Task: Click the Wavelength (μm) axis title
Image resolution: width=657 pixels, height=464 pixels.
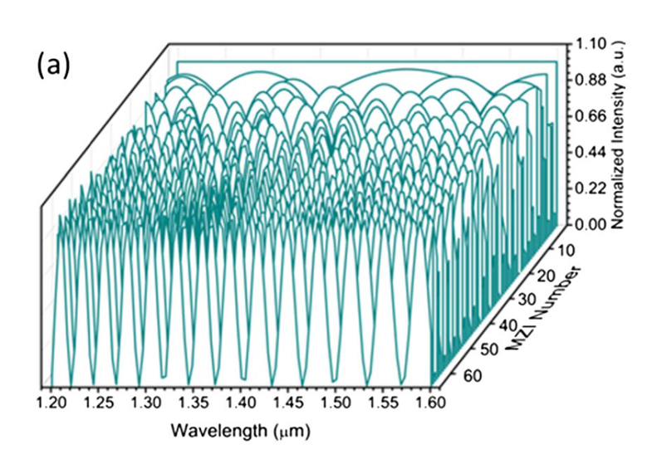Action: (241, 432)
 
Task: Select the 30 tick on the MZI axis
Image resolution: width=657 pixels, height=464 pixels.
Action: (522, 300)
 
